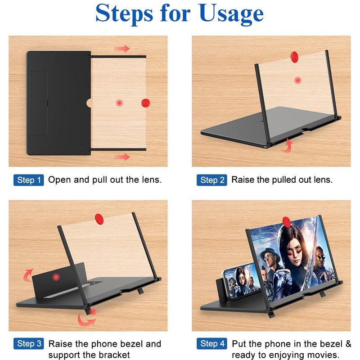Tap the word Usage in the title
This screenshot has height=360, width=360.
231,14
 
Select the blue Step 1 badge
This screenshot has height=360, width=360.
29,180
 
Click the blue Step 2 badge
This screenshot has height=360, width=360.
212,180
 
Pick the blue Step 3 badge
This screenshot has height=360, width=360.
29,344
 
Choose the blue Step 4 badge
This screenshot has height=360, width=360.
212,344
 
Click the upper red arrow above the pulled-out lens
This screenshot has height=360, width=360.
121,49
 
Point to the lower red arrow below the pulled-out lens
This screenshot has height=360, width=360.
121,157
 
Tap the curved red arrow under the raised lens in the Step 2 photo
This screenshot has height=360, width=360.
286,146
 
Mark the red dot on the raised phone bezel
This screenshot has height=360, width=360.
56,276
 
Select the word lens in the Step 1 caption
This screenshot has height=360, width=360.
151,180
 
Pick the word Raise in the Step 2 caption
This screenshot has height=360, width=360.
243,180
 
